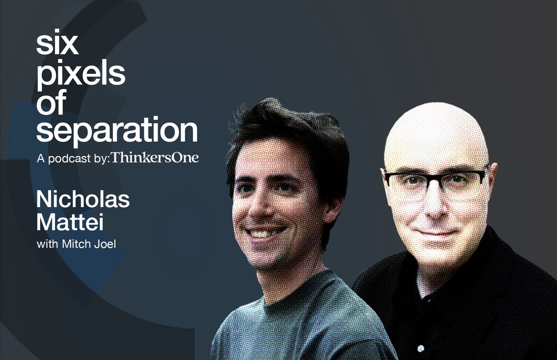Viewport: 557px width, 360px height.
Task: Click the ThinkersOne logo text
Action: pos(155,158)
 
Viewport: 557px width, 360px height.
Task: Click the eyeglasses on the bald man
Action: pos(434,180)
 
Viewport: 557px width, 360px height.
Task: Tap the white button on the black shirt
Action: pos(420,348)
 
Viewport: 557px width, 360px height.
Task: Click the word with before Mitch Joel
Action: pos(47,244)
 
